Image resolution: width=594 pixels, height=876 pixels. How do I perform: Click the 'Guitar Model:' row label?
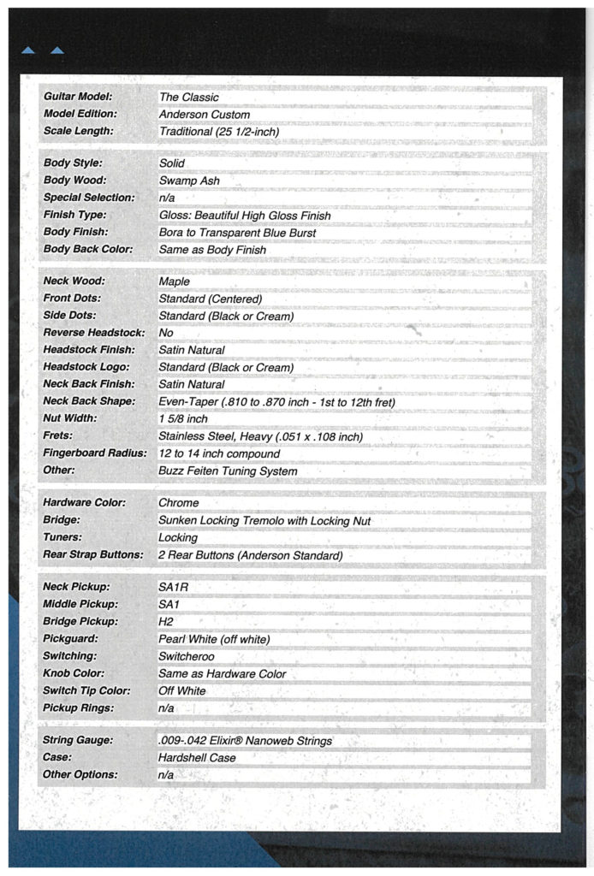77,98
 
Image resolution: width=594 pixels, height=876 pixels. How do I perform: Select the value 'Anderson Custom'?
205,115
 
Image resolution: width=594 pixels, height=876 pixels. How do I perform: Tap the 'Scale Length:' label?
78,132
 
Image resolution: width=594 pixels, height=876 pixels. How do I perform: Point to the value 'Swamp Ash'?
189,181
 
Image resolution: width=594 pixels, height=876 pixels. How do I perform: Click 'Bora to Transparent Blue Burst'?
237,233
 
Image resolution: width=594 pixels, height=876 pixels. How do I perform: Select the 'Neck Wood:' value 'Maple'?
175,281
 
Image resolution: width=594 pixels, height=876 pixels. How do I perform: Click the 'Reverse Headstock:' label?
94,333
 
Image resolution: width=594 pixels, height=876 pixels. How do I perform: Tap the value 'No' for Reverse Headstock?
166,333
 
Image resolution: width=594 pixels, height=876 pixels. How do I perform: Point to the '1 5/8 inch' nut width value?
183,419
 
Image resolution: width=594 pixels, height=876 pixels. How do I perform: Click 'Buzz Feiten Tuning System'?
228,471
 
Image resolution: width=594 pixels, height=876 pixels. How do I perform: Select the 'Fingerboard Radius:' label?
95,453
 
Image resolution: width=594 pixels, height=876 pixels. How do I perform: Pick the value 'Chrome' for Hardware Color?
178,503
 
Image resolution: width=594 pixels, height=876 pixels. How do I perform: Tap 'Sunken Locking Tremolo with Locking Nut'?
264,520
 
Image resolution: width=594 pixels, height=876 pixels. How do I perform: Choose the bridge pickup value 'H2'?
166,622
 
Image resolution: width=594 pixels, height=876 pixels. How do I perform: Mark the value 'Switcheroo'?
187,656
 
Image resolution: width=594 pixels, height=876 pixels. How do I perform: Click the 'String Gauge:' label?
78,741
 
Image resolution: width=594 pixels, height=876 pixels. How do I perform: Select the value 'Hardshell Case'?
197,758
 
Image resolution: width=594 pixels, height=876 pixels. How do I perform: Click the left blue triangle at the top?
28,50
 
